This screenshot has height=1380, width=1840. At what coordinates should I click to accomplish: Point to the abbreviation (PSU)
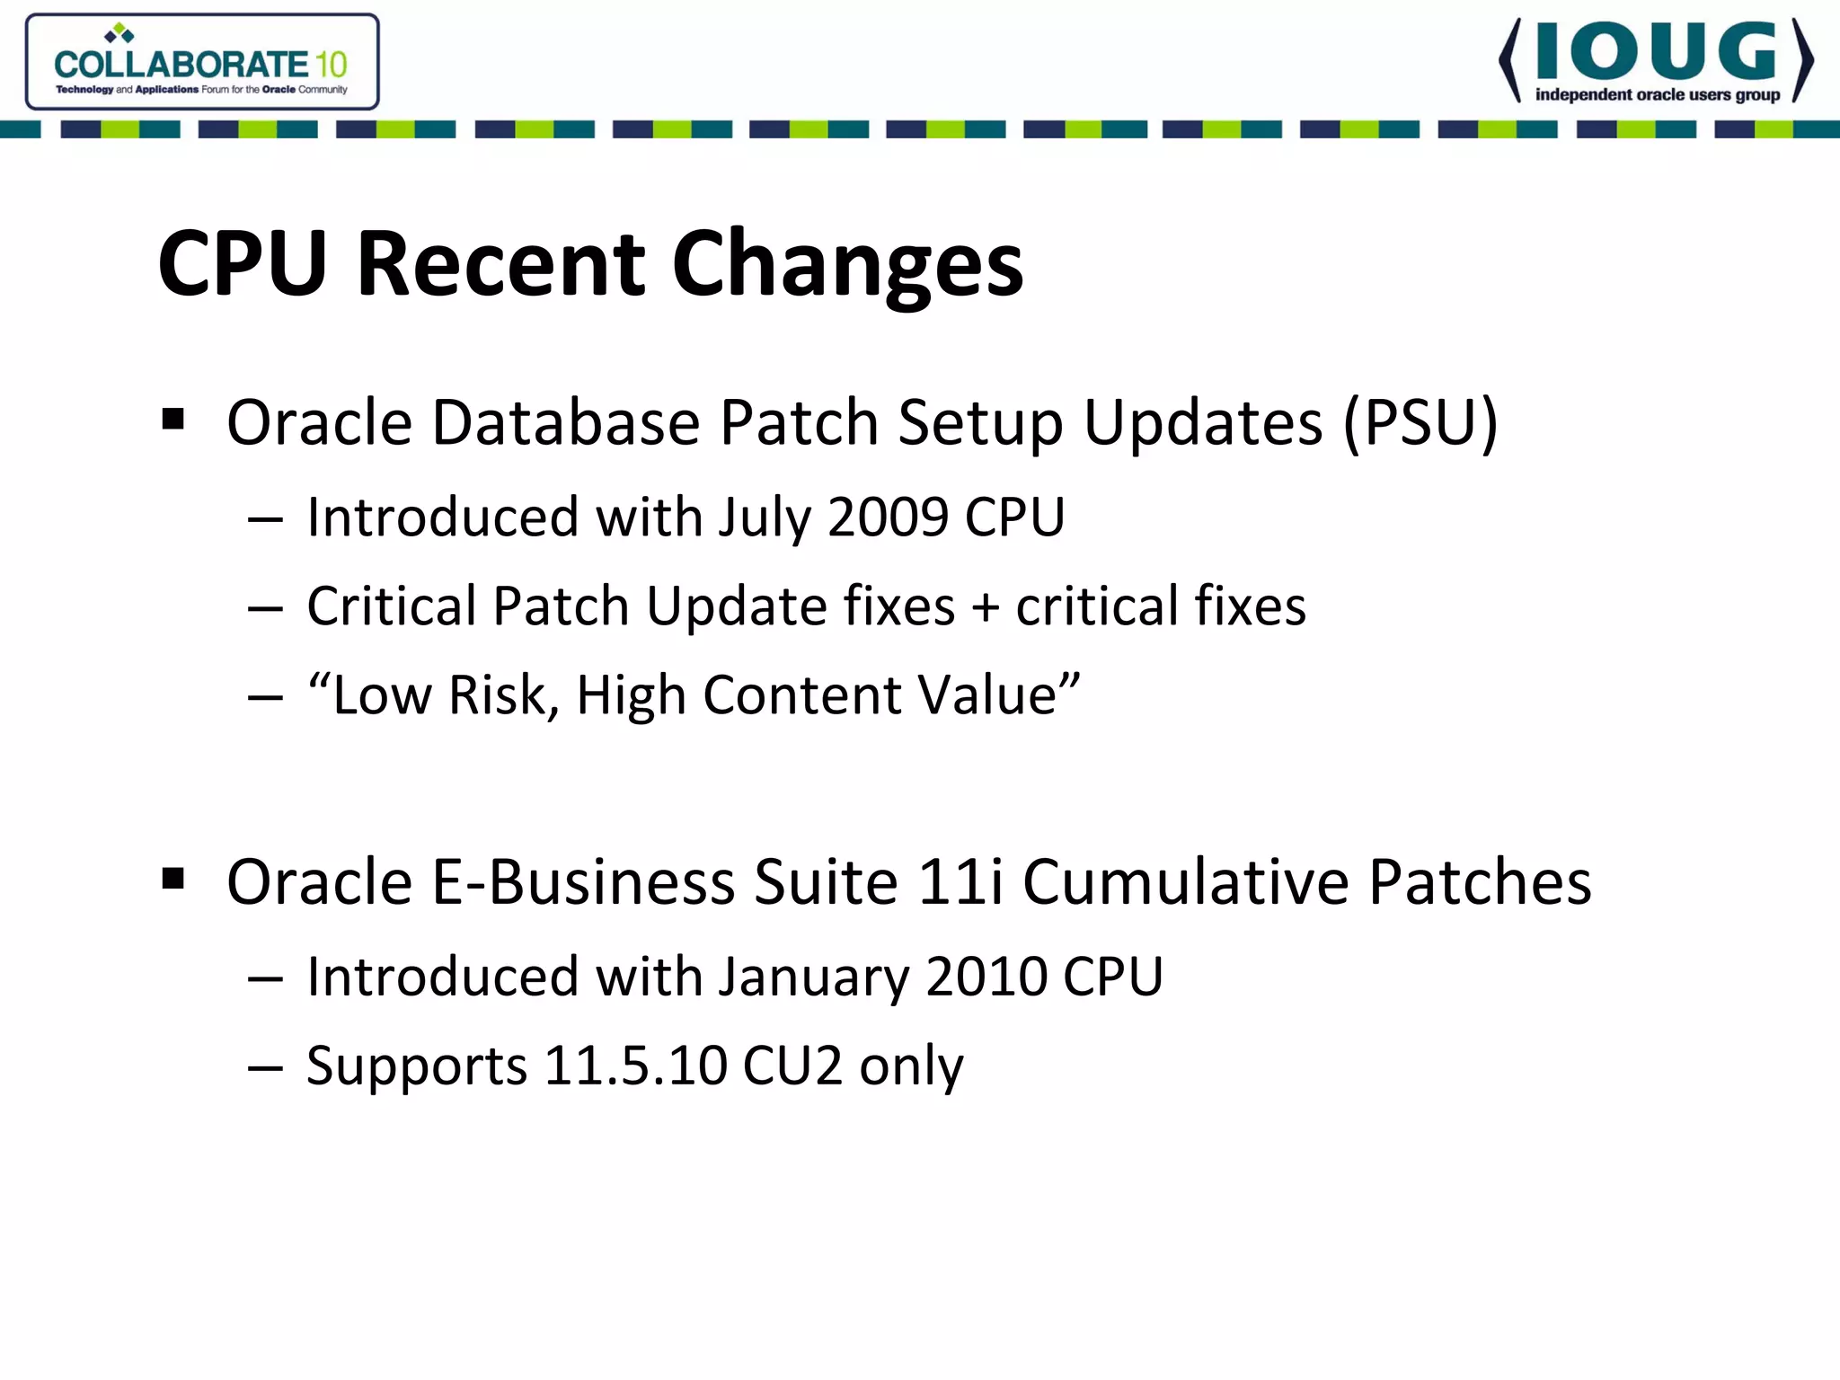tap(1420, 422)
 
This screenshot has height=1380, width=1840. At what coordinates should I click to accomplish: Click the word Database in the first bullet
tap(566, 422)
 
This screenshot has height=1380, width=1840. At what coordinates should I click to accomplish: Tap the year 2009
tap(888, 517)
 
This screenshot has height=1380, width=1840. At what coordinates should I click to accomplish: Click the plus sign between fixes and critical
tap(986, 606)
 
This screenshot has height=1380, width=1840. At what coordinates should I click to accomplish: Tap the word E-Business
tap(583, 882)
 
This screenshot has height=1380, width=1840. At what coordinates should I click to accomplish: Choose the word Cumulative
tap(1186, 882)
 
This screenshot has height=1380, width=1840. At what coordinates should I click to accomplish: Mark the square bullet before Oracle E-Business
tap(173, 879)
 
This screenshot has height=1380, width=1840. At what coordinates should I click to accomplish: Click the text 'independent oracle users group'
tap(1658, 95)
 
